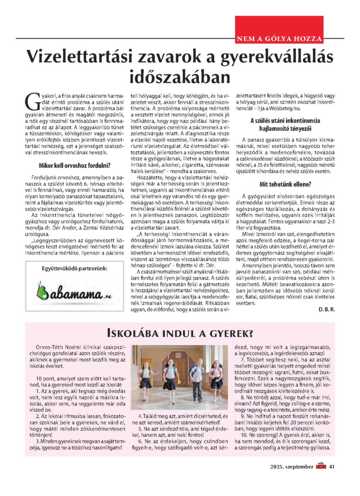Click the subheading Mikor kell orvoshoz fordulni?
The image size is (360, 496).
click(72, 165)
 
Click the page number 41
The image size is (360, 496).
click(332, 466)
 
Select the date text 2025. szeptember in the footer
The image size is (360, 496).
click(288, 466)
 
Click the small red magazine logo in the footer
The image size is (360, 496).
click(320, 466)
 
